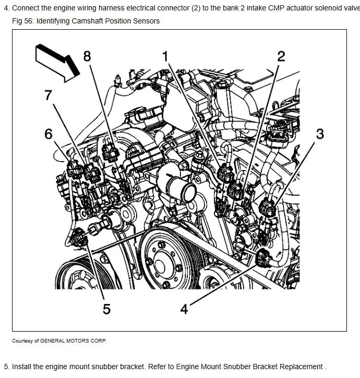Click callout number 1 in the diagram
(x=165, y=56)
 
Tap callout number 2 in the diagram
(x=281, y=56)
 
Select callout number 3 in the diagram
(x=320, y=134)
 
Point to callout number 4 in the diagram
(x=184, y=309)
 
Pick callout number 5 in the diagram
(x=106, y=309)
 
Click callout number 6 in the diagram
(x=49, y=134)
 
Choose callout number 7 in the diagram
(x=48, y=95)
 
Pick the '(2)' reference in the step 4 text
(x=196, y=8)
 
